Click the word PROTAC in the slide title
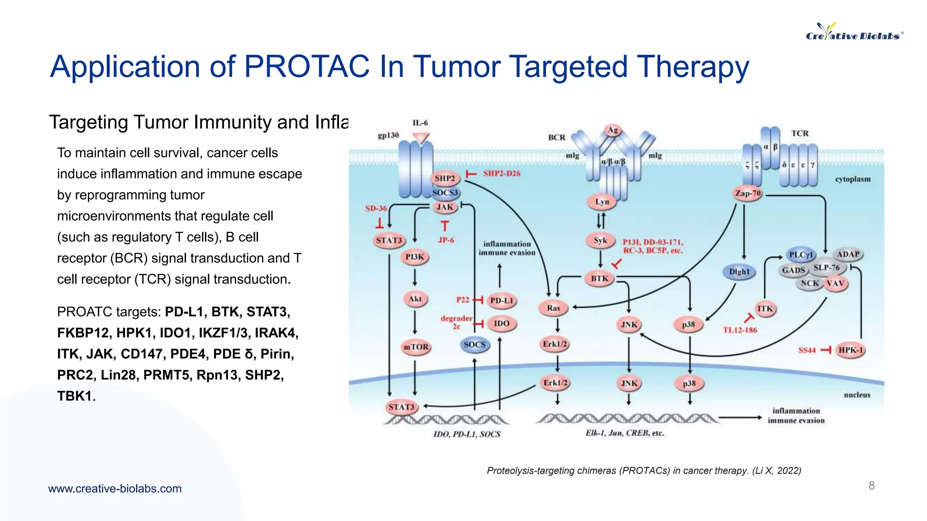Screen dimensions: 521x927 coord(306,67)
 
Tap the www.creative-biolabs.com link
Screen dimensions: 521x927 coord(115,488)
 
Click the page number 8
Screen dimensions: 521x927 coord(871,486)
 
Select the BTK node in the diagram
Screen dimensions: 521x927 coord(600,279)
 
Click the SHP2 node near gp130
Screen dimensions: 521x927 coord(444,178)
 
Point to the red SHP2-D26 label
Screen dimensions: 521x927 coord(502,174)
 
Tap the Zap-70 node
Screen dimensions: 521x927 coord(748,194)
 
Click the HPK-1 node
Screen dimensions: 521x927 coord(851,350)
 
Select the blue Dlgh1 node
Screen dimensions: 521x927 coord(739,272)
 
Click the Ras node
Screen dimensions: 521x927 coord(554,308)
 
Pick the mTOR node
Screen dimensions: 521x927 coord(416,347)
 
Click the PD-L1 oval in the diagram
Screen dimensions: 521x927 coord(502,301)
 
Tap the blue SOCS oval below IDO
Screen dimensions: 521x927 coord(474,345)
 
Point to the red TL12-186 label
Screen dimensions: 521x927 coord(740,330)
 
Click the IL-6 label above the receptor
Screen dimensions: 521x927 coord(420,123)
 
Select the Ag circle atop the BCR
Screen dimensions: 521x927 coord(612,130)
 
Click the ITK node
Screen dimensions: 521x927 coord(765,309)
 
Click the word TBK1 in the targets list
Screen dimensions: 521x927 coord(75,396)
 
